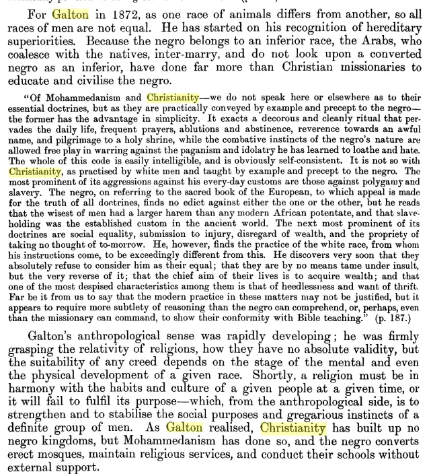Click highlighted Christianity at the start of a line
pos(35,172)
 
